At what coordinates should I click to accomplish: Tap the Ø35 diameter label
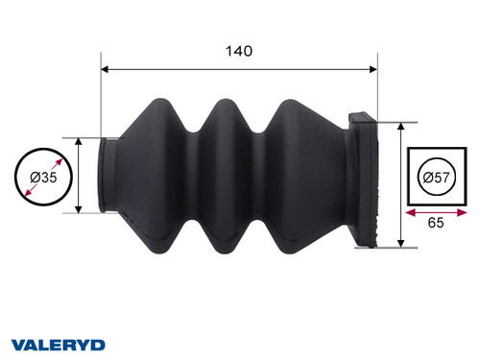click(x=41, y=178)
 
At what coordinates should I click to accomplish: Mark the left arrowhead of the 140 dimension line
click(x=106, y=69)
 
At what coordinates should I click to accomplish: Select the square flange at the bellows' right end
click(x=369, y=178)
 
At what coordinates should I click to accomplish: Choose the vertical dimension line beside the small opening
click(x=78, y=175)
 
